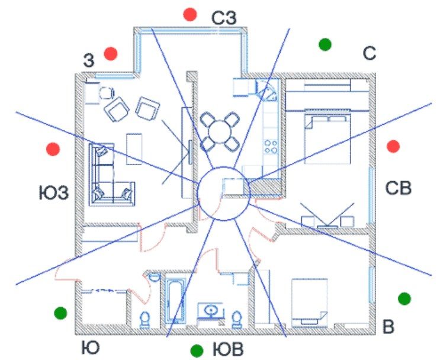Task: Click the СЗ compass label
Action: pyautogui.click(x=224, y=18)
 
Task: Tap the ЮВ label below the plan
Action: pyautogui.click(x=228, y=350)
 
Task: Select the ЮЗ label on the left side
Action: pyautogui.click(x=53, y=193)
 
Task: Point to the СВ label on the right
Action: pyautogui.click(x=399, y=188)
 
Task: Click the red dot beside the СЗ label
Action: pyautogui.click(x=190, y=14)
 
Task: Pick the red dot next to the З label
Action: pyautogui.click(x=111, y=53)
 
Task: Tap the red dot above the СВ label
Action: pyautogui.click(x=393, y=146)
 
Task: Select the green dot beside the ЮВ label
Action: pyautogui.click(x=197, y=351)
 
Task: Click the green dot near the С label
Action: pyautogui.click(x=325, y=44)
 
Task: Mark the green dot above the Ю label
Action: pyautogui.click(x=60, y=313)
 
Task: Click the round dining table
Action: pyautogui.click(x=220, y=131)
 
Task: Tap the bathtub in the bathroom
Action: pyautogui.click(x=175, y=298)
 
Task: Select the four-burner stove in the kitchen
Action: pyautogui.click(x=271, y=147)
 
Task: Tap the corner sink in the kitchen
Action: pyautogui.click(x=267, y=90)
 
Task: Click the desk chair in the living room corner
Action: pyautogui.click(x=107, y=93)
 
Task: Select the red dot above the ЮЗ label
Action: pyautogui.click(x=53, y=149)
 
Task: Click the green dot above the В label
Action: pyautogui.click(x=404, y=298)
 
